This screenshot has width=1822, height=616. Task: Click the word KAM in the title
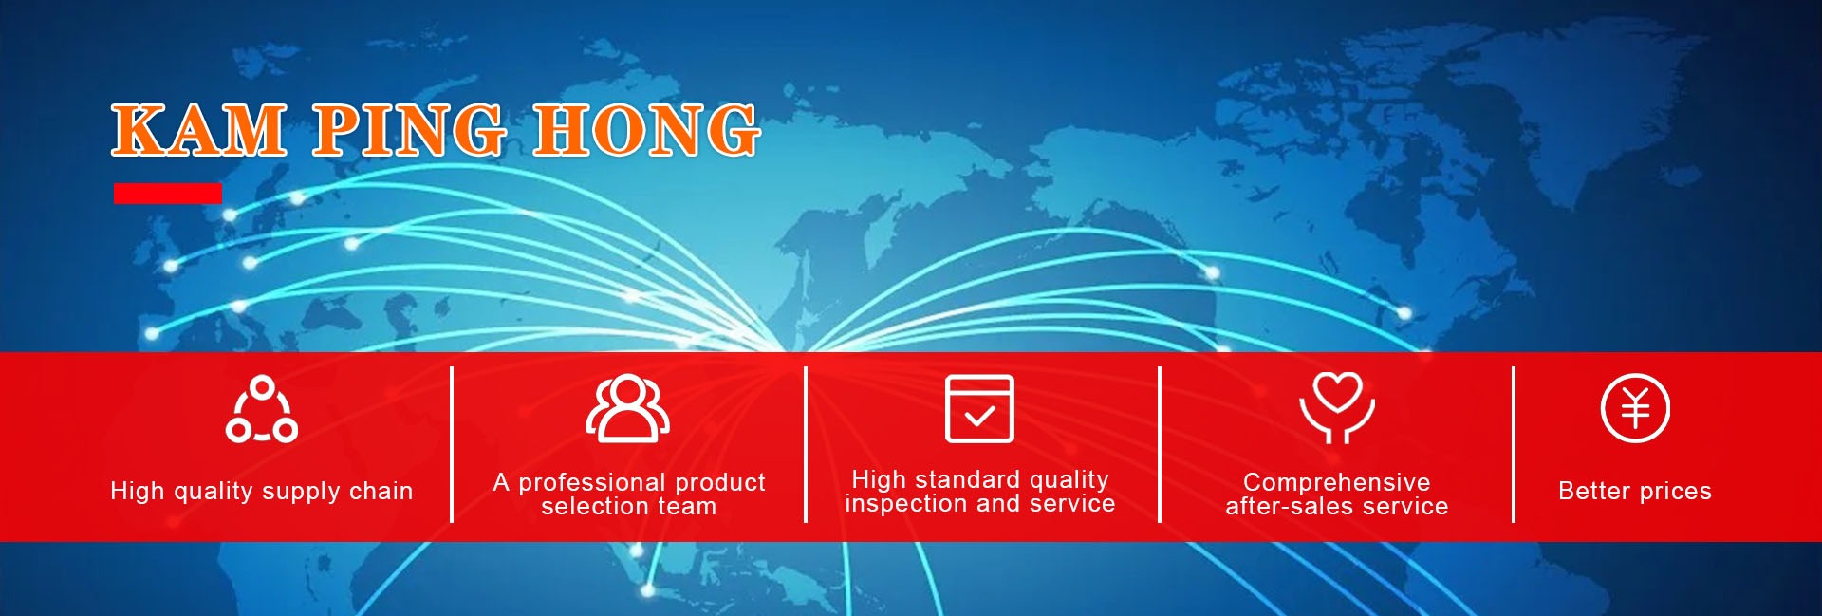[x=199, y=130]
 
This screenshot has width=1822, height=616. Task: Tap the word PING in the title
[x=409, y=130]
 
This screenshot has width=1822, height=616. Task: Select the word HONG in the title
[x=646, y=130]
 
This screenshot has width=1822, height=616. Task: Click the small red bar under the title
[x=168, y=194]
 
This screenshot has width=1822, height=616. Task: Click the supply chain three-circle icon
[x=262, y=409]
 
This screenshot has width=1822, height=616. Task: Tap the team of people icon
[x=627, y=408]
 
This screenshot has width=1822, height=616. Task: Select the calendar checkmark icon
[x=979, y=408]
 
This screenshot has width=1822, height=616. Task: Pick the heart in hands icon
[x=1337, y=408]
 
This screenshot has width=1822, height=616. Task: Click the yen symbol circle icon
[x=1635, y=408]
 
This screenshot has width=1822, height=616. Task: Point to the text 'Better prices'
[x=1635, y=491]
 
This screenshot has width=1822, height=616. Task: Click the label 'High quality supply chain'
[x=262, y=491]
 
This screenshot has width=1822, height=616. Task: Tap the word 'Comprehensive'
[x=1337, y=482]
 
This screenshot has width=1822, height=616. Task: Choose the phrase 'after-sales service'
[x=1337, y=507]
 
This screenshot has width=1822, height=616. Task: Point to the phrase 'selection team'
[x=628, y=507]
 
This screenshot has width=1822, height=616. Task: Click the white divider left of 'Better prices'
[x=1514, y=444]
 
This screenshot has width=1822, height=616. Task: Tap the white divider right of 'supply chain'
[x=452, y=444]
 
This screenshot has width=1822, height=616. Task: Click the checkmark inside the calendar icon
[x=979, y=416]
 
